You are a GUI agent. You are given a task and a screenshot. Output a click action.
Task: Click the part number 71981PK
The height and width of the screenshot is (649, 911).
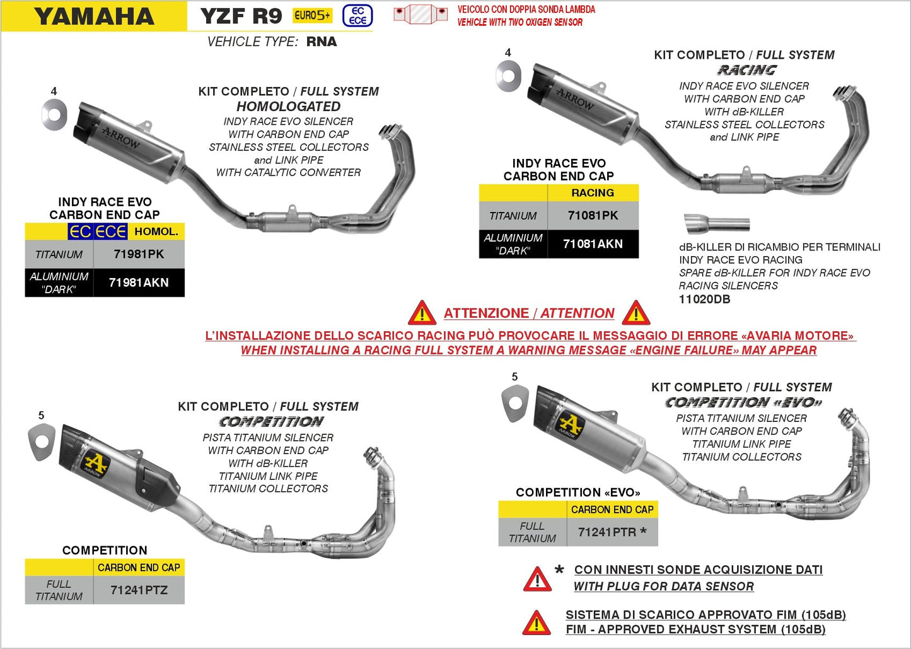click(x=139, y=254)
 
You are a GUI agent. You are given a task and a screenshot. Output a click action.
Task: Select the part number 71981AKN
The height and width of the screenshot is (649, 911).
click(x=139, y=283)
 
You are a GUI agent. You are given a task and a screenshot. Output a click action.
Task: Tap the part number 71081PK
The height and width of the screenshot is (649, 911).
click(x=593, y=216)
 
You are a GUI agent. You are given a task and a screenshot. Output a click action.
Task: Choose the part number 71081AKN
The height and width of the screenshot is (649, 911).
click(x=593, y=244)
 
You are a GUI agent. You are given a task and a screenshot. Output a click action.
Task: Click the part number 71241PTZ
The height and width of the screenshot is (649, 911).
click(x=139, y=590)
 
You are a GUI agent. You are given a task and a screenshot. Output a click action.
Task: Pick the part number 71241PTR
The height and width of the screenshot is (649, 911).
click(x=607, y=532)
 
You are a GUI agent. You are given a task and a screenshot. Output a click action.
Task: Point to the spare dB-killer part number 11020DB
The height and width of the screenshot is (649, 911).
click(x=704, y=300)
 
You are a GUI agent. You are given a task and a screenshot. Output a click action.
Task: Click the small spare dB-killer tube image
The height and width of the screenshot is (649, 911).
click(x=717, y=223)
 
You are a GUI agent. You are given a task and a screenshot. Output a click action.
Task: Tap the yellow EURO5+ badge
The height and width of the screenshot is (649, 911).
click(x=312, y=16)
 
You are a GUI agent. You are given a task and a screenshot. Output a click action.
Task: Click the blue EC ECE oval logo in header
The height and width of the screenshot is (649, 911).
click(x=357, y=16)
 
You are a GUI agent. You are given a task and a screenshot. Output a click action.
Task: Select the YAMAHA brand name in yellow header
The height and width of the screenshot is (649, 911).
click(x=94, y=16)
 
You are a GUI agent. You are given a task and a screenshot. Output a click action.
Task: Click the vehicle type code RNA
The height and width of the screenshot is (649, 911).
click(x=322, y=42)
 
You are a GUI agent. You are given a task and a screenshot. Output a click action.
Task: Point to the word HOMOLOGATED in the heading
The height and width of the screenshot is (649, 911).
click(x=288, y=107)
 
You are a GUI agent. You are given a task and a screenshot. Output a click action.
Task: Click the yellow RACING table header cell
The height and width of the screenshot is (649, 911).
click(x=592, y=193)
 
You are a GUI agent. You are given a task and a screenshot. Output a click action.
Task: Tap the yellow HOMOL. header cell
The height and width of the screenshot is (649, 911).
click(x=156, y=231)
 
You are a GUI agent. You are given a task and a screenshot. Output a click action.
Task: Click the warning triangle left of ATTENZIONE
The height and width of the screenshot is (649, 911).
click(x=422, y=313)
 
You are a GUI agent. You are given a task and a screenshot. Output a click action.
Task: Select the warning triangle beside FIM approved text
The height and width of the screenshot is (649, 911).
click(x=536, y=623)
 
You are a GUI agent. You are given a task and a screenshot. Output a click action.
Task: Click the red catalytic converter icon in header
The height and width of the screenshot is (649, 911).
click(x=420, y=14)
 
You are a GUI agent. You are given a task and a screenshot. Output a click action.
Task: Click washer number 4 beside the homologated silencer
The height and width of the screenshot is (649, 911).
click(x=54, y=114)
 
